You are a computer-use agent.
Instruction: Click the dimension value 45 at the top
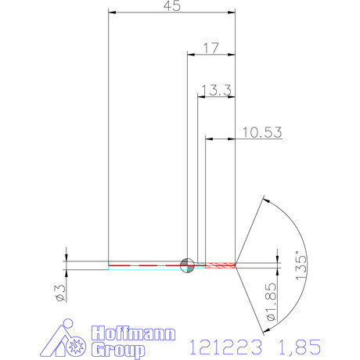coord(171,6)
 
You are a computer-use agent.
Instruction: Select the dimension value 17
coord(211,48)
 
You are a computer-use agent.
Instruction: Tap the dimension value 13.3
coord(215,91)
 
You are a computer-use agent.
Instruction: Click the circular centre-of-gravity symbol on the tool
coord(187,265)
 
